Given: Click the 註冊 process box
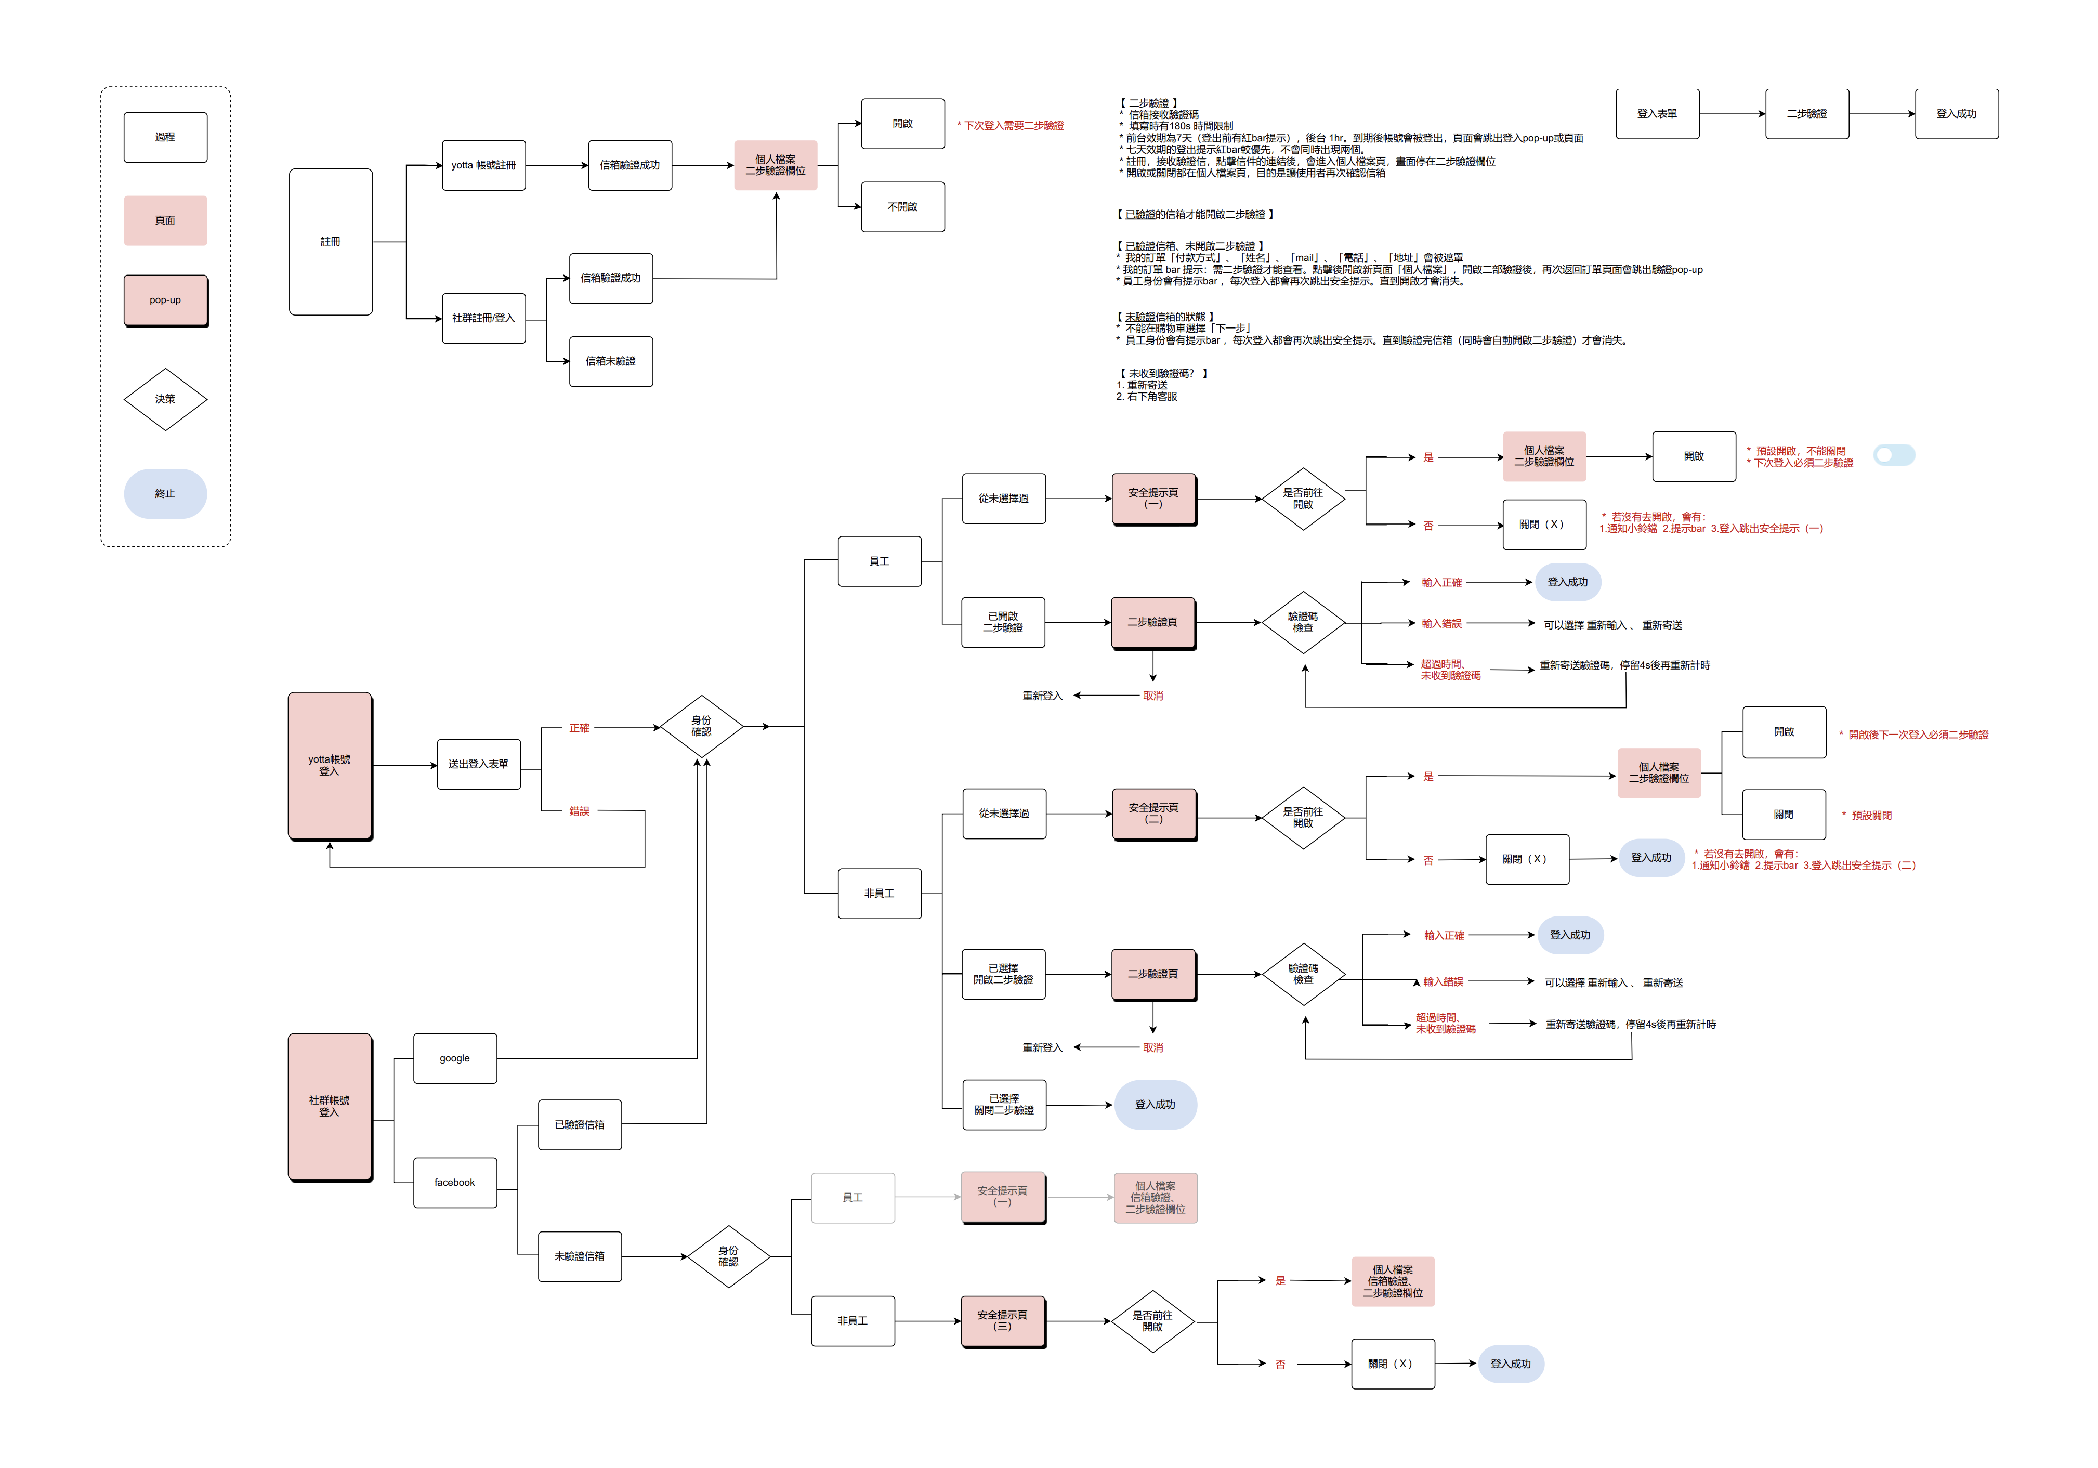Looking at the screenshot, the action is pos(331,242).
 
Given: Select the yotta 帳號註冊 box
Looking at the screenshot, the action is pos(483,165).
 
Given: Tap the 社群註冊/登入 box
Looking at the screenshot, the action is pos(483,319).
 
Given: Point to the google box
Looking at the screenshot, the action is pos(455,1059).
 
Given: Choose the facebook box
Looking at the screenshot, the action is pos(455,1183).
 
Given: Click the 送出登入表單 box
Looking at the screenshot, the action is pos(479,765).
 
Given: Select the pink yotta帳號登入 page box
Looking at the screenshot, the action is pos(330,766).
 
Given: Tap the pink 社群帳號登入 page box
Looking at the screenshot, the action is pos(330,1107).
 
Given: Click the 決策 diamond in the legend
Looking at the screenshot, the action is pos(165,399).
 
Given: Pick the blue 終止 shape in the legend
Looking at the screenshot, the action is pos(165,494).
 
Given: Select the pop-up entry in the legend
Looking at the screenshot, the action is pos(165,300).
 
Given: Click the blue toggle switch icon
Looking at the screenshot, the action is pos(1894,455).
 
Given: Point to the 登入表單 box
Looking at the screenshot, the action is pos(1658,114).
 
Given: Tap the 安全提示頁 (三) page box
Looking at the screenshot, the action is pos(1003,1322).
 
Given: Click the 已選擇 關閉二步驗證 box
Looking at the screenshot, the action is pos(1004,1105).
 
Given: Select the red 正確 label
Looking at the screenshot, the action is pos(579,729).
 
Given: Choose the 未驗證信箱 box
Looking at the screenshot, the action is pos(580,1257).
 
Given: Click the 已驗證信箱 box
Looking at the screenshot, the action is pos(580,1125).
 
